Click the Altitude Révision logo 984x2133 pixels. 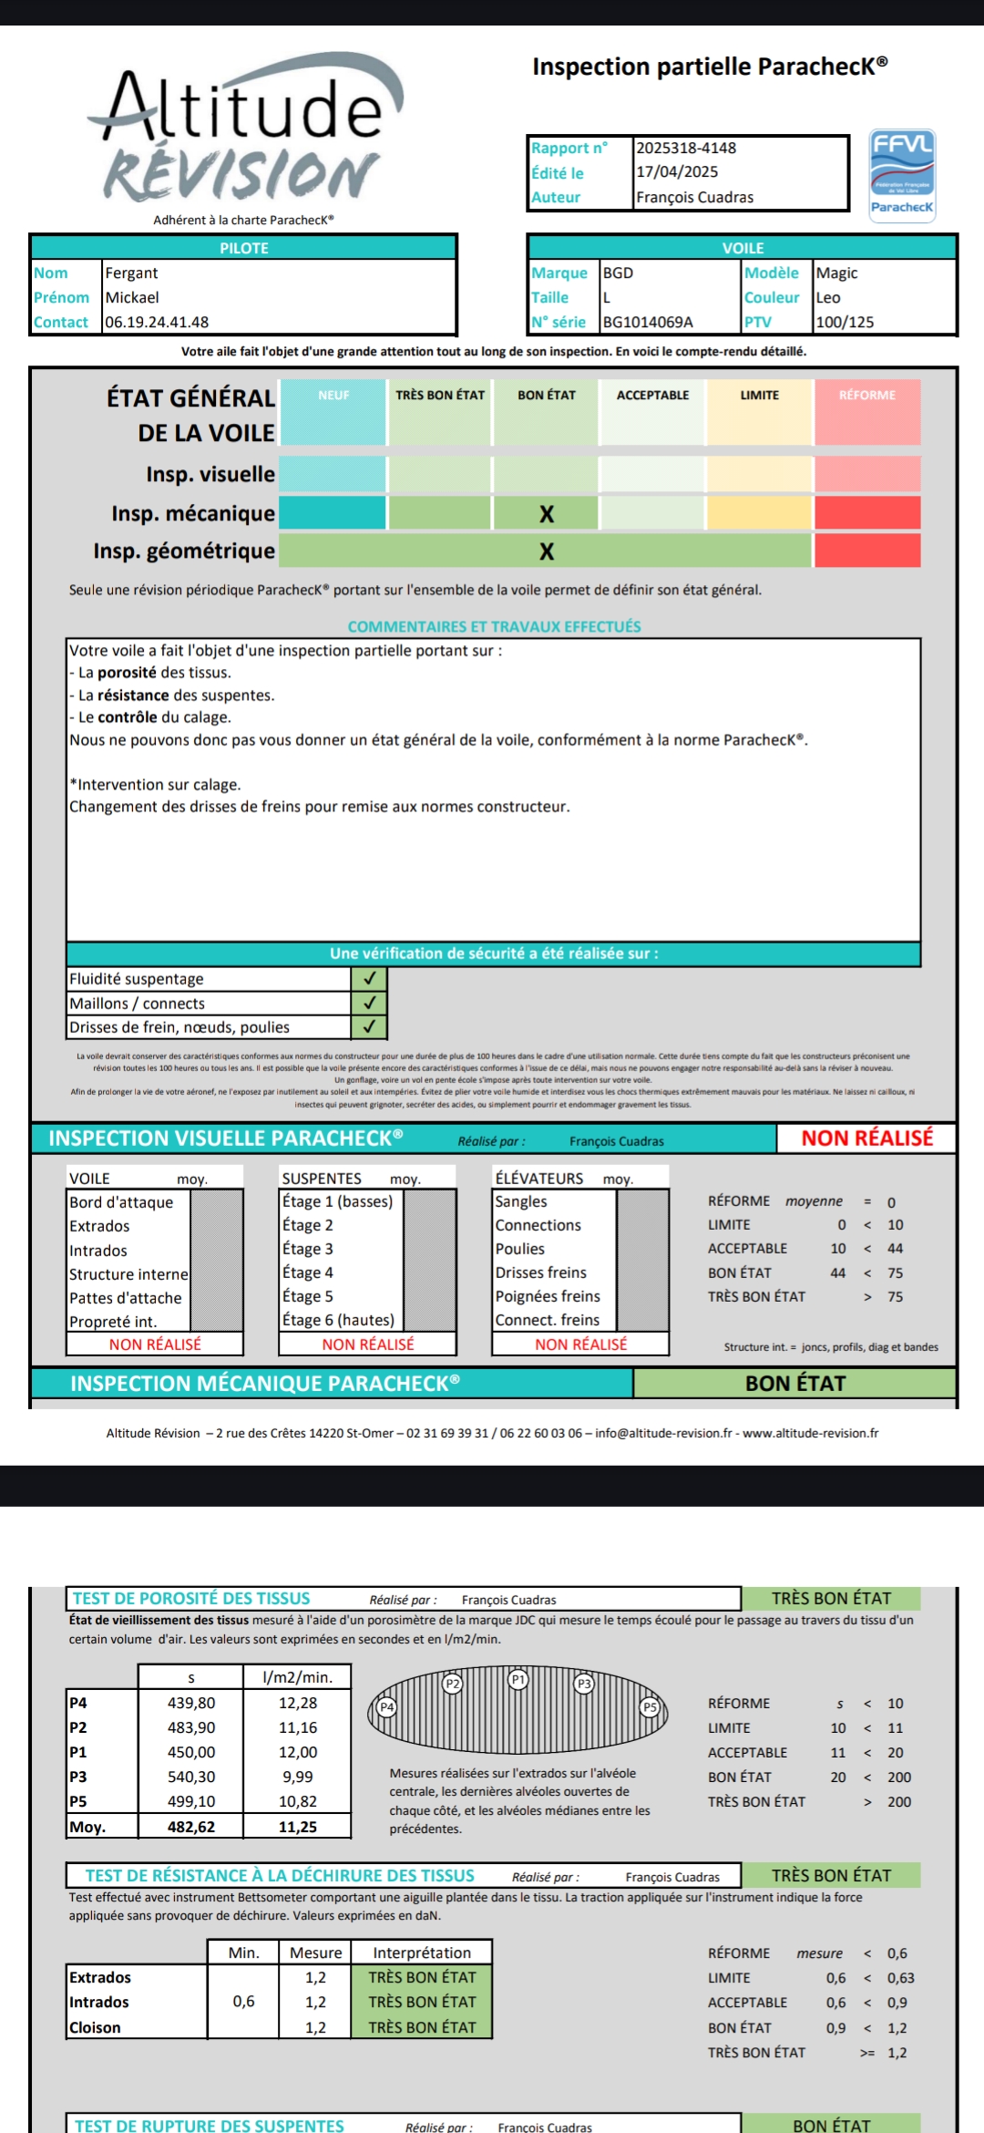(244, 132)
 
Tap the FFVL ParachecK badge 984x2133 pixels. (902, 173)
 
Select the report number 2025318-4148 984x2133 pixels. (686, 148)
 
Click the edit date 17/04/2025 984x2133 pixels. (677, 171)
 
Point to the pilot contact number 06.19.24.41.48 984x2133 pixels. (157, 322)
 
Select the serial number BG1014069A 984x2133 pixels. (648, 322)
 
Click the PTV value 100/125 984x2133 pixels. (845, 322)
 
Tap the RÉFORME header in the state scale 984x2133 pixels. (866, 395)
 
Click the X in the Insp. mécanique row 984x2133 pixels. (547, 514)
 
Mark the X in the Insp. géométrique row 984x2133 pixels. (547, 551)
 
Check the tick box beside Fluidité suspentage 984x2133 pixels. (369, 978)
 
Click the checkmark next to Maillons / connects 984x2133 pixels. (369, 1003)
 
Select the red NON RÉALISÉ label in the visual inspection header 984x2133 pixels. (866, 1138)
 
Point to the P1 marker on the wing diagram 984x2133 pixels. (518, 1679)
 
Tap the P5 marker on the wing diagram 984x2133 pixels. (650, 1706)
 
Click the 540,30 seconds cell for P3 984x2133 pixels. (191, 1777)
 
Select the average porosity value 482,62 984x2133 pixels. (191, 1827)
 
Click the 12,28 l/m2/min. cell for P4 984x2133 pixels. (298, 1703)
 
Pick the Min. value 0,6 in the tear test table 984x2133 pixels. (243, 2002)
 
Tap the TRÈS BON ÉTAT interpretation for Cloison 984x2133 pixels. (422, 2027)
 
